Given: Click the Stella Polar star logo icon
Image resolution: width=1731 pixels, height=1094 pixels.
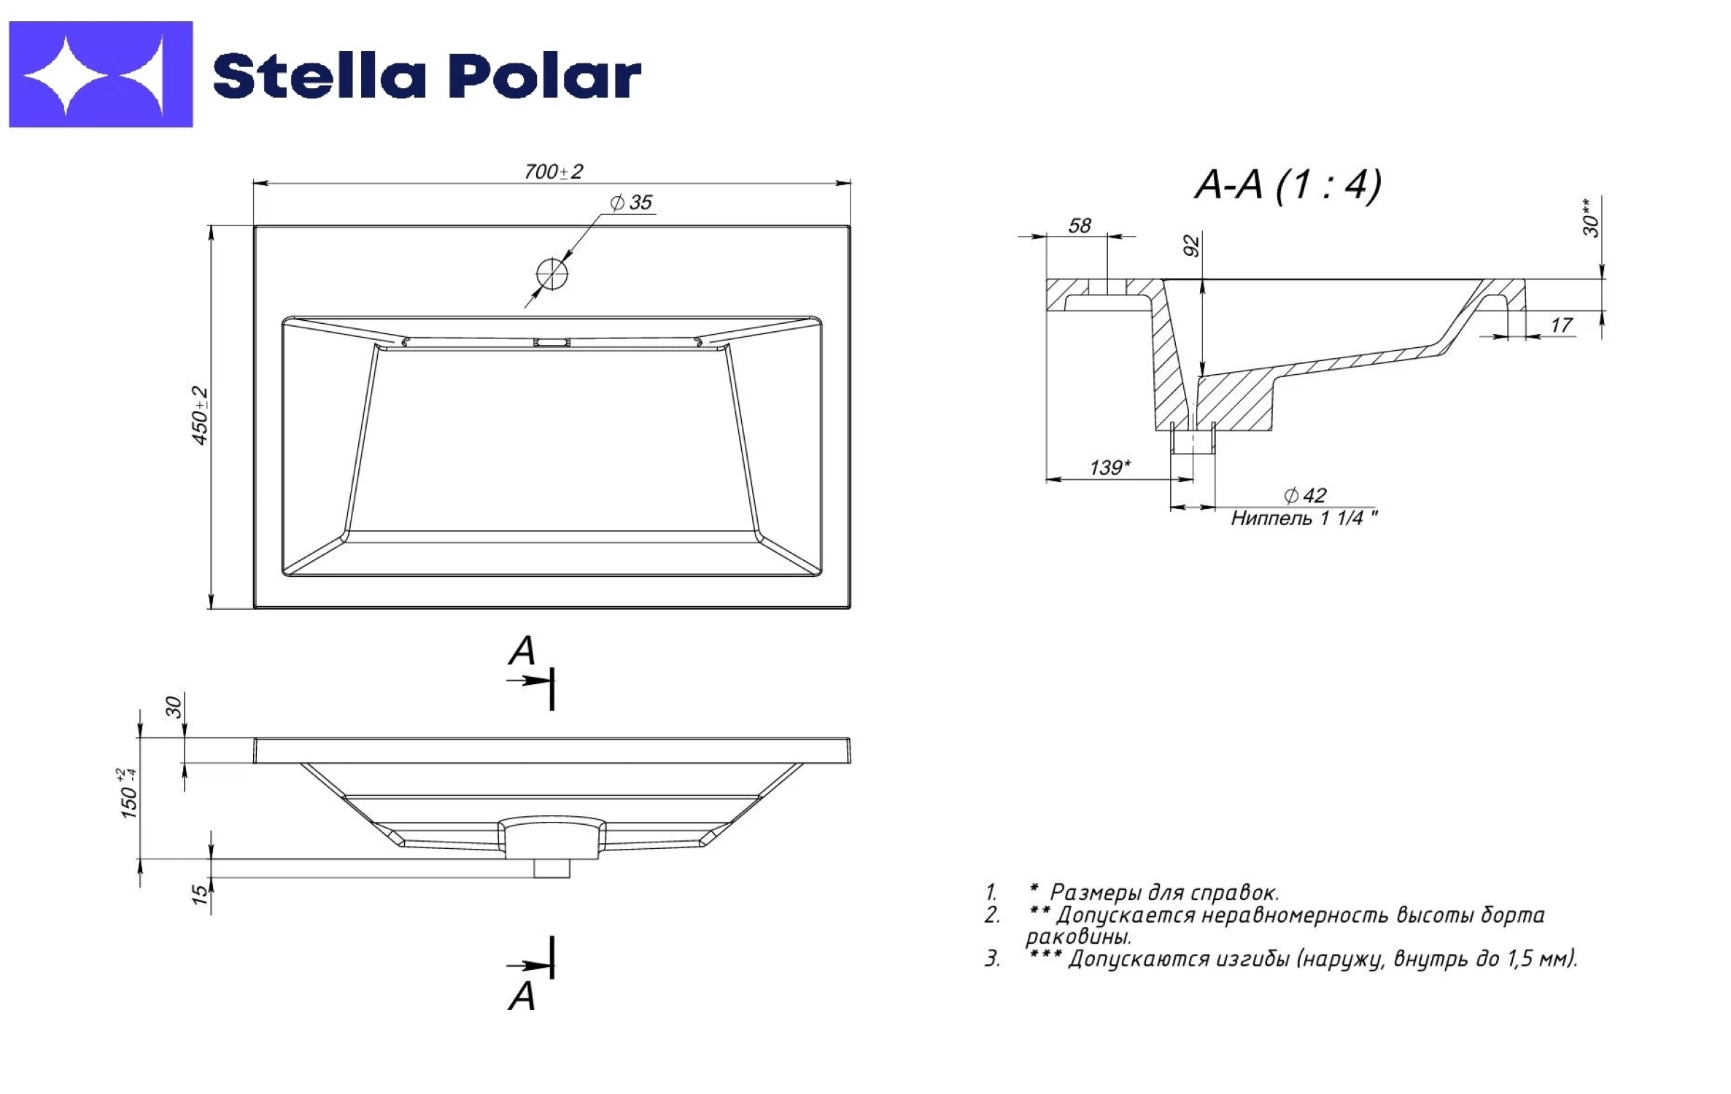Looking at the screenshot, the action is click(101, 74).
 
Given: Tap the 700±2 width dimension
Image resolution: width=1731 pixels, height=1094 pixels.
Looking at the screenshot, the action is click(554, 172).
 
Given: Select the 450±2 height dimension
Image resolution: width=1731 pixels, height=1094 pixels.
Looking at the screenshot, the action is click(200, 416).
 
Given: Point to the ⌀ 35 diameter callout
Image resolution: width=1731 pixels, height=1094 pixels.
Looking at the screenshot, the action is click(631, 202).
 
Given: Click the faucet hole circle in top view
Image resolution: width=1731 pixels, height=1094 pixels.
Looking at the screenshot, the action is click(551, 274).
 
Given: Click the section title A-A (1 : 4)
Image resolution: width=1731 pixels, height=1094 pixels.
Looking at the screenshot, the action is click(1288, 185).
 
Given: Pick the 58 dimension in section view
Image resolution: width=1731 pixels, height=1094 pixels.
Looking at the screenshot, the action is click(1080, 225).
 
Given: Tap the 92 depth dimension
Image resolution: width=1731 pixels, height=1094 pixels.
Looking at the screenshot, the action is click(1190, 246).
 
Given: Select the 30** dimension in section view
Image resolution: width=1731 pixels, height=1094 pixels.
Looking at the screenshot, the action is click(1591, 217).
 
